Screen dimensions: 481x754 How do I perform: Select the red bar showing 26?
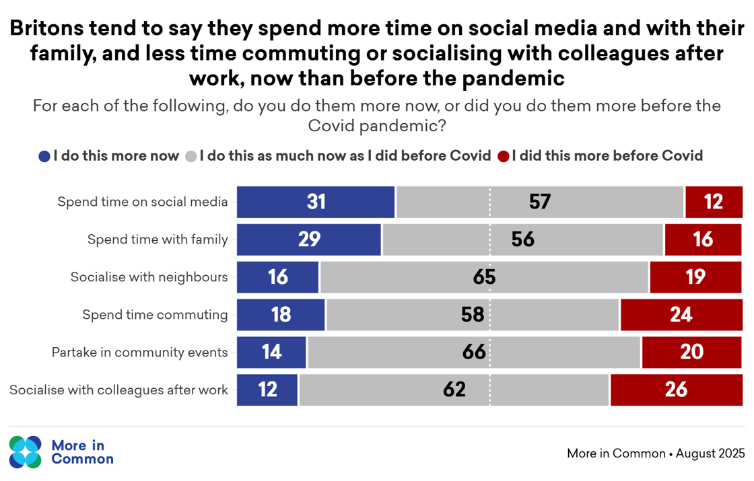click(677, 390)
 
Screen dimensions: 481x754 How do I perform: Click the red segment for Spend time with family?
click(704, 239)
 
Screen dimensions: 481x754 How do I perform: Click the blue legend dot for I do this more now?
click(44, 157)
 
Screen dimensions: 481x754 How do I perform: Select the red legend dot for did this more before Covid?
click(503, 157)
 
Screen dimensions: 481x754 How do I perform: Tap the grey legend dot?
click(191, 157)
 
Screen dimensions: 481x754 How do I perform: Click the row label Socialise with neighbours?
click(149, 277)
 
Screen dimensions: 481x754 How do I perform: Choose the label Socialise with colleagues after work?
click(118, 390)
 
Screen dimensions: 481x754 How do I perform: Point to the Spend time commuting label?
click(155, 315)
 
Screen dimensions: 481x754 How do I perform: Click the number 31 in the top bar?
click(316, 202)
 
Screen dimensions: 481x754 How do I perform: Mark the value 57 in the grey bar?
click(540, 202)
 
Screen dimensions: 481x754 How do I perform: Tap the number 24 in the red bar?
click(681, 315)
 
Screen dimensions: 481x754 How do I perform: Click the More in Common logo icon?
click(26, 452)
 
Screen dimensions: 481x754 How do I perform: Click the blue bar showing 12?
click(267, 390)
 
